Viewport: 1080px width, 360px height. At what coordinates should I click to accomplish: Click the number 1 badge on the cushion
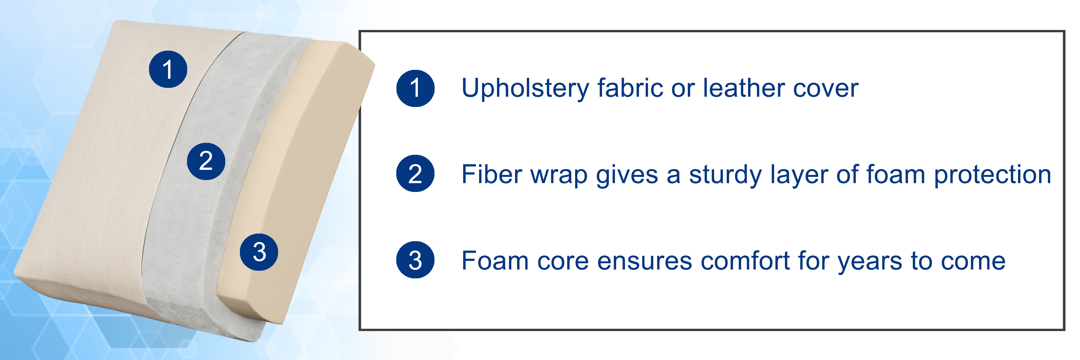168,69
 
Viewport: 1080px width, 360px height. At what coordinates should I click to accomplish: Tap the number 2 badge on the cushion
206,161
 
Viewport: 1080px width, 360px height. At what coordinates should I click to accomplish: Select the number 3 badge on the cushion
259,252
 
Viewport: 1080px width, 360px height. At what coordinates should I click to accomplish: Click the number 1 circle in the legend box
415,88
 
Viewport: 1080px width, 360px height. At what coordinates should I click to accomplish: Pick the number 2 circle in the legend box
415,174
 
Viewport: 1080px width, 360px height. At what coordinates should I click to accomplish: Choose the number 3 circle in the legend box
415,260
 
